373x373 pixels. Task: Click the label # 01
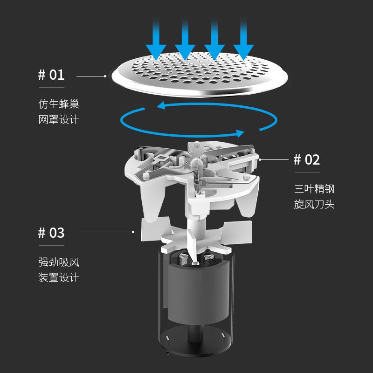(51, 75)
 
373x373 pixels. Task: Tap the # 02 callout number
(307, 159)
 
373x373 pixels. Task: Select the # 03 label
(51, 233)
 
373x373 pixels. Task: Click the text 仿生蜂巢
(59, 104)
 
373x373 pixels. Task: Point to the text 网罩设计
(59, 119)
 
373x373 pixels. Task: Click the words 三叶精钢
(314, 189)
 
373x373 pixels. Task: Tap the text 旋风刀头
(314, 204)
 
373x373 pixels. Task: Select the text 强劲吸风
(59, 262)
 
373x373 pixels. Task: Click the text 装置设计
(59, 277)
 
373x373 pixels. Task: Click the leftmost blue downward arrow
(156, 41)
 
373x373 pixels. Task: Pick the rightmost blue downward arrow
(243, 41)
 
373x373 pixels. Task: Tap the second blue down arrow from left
(185, 41)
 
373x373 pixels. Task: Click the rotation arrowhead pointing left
(161, 106)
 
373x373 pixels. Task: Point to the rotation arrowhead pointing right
(240, 133)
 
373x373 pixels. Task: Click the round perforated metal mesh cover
(200, 74)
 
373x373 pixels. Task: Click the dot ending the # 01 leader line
(105, 76)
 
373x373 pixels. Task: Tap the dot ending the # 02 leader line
(260, 159)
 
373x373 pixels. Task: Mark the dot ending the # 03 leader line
(133, 232)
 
